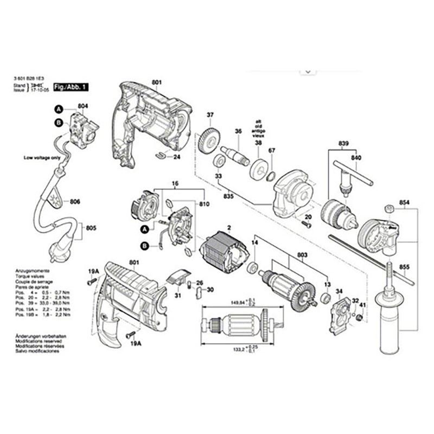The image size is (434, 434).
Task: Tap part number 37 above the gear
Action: pyautogui.click(x=210, y=114)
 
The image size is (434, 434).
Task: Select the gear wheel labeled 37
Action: pyautogui.click(x=208, y=141)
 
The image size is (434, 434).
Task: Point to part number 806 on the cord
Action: pyautogui.click(x=75, y=202)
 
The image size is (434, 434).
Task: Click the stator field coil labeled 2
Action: pyautogui.click(x=224, y=253)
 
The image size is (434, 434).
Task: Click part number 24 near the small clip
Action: pyautogui.click(x=176, y=157)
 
